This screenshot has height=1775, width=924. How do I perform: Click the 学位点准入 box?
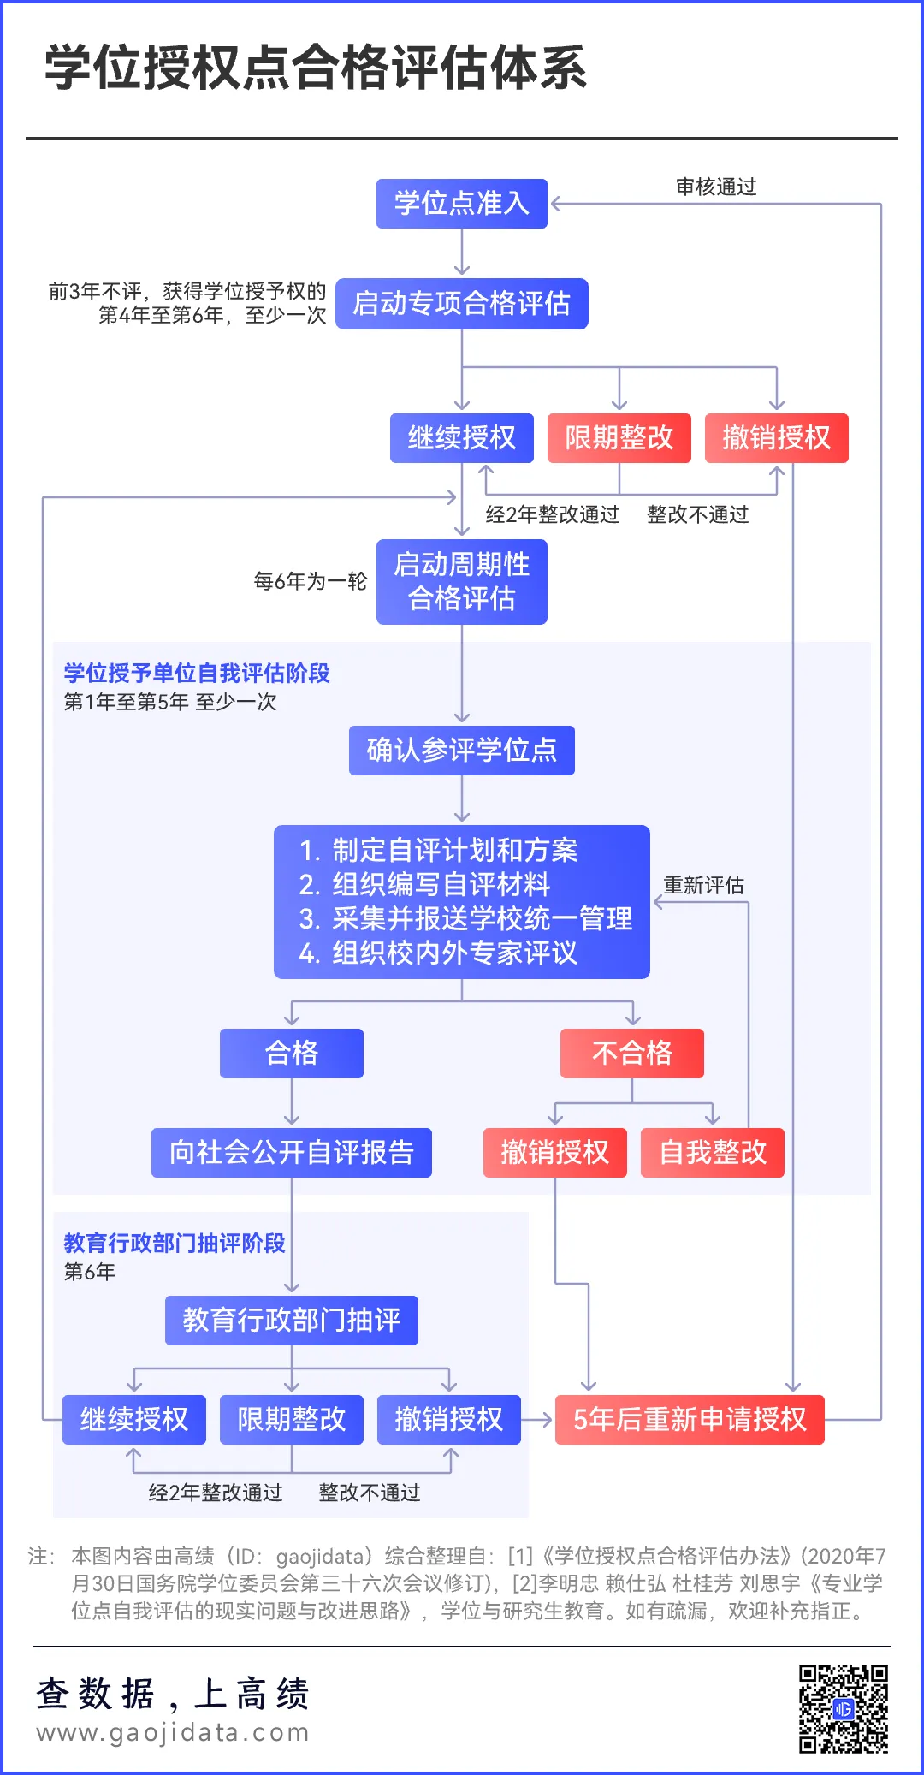[462, 204]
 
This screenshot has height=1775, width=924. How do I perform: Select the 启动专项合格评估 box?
[462, 304]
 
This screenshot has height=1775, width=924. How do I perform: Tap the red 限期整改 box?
[619, 438]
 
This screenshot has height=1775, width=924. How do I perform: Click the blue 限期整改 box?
[292, 1420]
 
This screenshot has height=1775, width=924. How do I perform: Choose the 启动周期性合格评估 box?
[462, 582]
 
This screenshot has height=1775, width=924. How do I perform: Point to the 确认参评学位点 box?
[462, 751]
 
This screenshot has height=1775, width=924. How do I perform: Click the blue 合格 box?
[292, 1054]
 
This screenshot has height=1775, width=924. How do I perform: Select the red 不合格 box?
[632, 1054]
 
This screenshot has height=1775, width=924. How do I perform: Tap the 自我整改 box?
[713, 1153]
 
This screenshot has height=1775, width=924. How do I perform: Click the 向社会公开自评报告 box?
[292, 1153]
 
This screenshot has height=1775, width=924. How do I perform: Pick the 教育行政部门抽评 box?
[292, 1321]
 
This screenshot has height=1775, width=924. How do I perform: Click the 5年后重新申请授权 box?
[690, 1420]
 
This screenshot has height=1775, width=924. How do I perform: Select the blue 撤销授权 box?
[449, 1420]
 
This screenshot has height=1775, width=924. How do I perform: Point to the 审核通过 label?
[716, 187]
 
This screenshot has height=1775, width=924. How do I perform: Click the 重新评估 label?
[704, 885]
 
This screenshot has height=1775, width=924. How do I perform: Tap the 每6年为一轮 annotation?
[311, 581]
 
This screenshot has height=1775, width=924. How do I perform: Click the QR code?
[844, 1708]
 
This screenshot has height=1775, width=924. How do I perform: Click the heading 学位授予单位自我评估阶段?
[197, 674]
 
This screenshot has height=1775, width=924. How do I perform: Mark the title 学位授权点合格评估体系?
[316, 68]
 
